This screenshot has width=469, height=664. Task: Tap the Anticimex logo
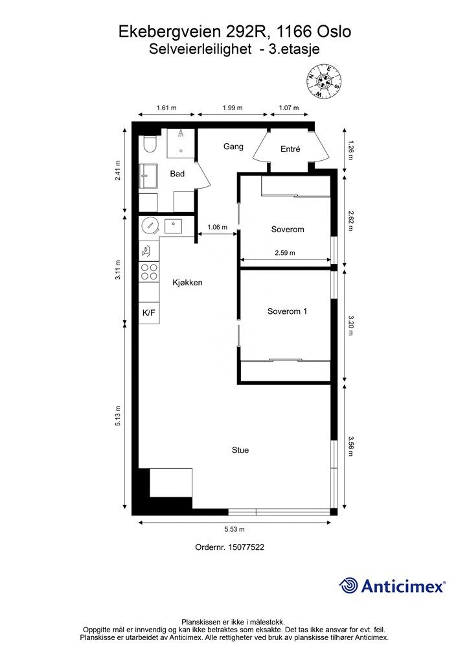(x=393, y=586)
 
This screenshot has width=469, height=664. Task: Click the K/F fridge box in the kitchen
(x=148, y=313)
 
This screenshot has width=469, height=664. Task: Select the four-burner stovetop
(x=149, y=272)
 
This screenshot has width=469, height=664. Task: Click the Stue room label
(x=240, y=450)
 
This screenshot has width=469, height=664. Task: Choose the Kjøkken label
(x=188, y=283)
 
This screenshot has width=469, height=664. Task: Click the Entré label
(x=290, y=149)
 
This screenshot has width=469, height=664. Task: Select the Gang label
(x=233, y=147)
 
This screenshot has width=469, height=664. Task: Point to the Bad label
(x=177, y=174)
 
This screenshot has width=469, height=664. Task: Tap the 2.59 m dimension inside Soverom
(x=284, y=253)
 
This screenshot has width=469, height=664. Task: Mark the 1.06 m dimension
(x=217, y=227)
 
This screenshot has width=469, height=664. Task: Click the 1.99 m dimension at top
(x=232, y=108)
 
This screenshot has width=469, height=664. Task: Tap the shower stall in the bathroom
(x=181, y=143)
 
